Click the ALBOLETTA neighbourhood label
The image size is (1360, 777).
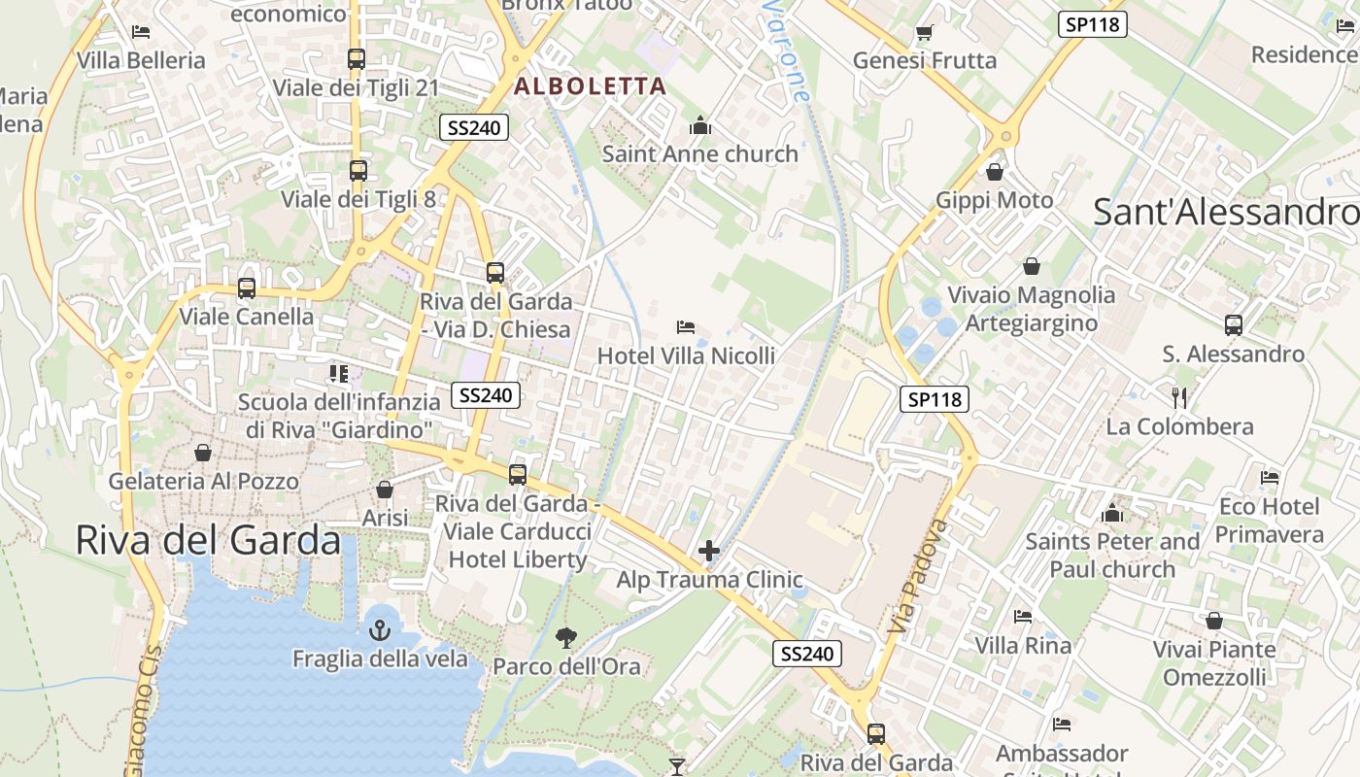pos(590,86)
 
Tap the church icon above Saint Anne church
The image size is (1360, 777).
pos(699,125)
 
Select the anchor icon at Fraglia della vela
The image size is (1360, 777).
pos(379,630)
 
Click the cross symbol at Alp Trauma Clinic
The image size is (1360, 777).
pos(709,552)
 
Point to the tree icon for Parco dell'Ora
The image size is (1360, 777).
pos(565,637)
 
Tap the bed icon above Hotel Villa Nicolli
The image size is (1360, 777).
pos(686,327)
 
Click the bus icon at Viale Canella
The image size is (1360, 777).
pos(247,288)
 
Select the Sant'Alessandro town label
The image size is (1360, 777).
pos(1225,212)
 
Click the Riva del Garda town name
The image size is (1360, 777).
pos(208,541)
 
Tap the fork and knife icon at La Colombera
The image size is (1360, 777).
pos(1179,397)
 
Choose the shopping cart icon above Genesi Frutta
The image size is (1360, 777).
pos(924,33)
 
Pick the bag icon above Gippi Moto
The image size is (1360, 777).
pos(995,173)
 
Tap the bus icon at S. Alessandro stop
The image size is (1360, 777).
pos(1234,325)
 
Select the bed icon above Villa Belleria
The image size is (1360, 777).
pos(141,32)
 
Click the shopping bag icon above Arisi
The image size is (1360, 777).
pos(385,490)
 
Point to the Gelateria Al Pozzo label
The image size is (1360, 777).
pos(203,481)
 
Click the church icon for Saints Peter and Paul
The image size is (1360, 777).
pos(1112,513)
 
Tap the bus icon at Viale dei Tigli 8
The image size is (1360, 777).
pos(357,171)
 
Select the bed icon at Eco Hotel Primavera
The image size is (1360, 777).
pos(1269,478)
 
